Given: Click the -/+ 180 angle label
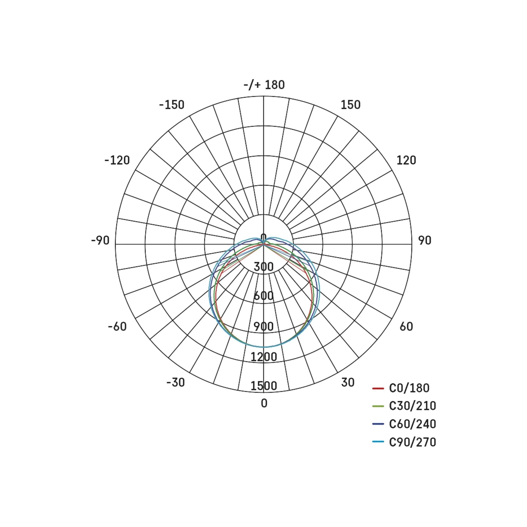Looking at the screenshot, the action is (264, 85).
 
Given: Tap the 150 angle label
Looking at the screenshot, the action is (350, 105).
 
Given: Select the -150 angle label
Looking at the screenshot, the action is (172, 105).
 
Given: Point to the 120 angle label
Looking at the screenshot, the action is (406, 160).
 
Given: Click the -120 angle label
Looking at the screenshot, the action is (117, 160).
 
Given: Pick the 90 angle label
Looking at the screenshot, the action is (425, 240).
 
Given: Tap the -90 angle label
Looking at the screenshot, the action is (100, 240).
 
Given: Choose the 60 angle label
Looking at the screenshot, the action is (406, 326).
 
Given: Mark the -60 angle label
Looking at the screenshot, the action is (117, 326).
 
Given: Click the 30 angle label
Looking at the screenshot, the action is (348, 382).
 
